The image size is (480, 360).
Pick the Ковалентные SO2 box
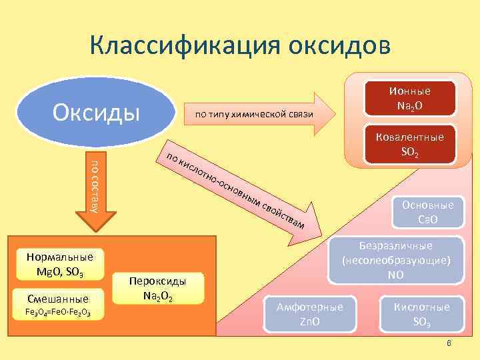coord(410,144)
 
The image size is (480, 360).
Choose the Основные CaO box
coord(427,212)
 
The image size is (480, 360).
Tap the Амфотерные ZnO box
coord(310,313)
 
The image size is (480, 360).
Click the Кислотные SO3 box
coord(421,313)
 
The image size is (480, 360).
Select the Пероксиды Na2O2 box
coord(158,289)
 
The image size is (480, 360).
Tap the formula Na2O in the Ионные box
coord(410,105)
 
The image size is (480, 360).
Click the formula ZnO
coord(310,321)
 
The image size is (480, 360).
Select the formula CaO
coord(427,219)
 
